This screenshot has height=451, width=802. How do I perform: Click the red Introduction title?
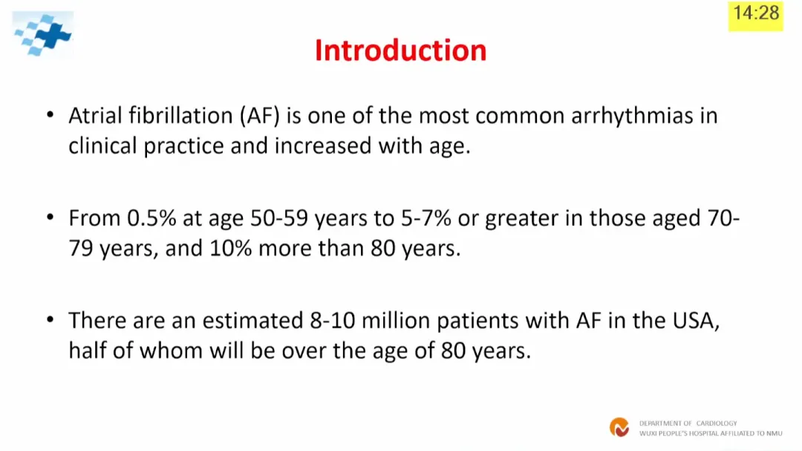click(400, 51)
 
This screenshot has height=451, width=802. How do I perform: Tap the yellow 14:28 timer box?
click(755, 16)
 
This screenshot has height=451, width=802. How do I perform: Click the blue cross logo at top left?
click(43, 33)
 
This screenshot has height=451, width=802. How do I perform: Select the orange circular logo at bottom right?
click(619, 427)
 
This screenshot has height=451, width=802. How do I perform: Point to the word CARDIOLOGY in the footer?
click(717, 424)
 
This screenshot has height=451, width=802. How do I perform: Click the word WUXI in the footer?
click(648, 433)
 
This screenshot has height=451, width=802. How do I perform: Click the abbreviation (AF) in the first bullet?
click(260, 116)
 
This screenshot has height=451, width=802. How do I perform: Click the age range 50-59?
click(279, 218)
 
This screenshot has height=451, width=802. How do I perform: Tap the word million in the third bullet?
click(396, 320)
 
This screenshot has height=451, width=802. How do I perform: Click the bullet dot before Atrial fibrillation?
click(50, 114)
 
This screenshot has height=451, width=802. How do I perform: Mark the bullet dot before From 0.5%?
click(50, 217)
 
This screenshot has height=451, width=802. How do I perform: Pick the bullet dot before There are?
click(50, 320)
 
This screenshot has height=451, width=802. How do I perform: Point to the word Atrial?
click(96, 116)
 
